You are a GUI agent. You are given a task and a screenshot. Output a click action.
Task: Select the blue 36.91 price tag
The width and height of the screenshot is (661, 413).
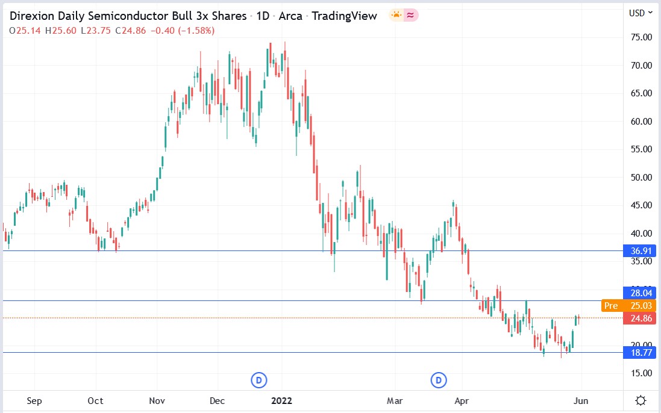pyautogui.click(x=639, y=251)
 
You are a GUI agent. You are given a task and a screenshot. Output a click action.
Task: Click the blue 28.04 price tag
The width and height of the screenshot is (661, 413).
pyautogui.click(x=639, y=293)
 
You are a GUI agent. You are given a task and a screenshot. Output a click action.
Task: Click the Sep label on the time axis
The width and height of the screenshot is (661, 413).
pyautogui.click(x=34, y=400)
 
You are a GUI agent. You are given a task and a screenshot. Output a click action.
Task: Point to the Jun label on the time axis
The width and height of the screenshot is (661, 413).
pyautogui.click(x=580, y=400)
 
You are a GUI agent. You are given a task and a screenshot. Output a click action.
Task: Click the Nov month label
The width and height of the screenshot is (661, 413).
pyautogui.click(x=157, y=400)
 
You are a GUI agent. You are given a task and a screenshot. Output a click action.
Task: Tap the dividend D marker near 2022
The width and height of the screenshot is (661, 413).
pyautogui.click(x=258, y=380)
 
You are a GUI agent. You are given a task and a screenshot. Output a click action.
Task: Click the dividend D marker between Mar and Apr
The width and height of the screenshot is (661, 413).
pyautogui.click(x=439, y=380)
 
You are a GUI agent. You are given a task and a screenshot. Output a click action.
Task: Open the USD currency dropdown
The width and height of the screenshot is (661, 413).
pyautogui.click(x=641, y=13)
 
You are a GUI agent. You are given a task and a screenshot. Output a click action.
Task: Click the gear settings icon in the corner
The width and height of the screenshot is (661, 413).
pyautogui.click(x=641, y=400)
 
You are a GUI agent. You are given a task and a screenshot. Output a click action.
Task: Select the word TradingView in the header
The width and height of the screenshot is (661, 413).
pyautogui.click(x=342, y=16)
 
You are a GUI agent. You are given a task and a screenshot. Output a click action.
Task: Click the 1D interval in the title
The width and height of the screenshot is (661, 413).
pyautogui.click(x=263, y=16)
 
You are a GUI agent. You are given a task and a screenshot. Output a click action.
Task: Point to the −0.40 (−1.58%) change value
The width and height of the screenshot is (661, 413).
pyautogui.click(x=189, y=30)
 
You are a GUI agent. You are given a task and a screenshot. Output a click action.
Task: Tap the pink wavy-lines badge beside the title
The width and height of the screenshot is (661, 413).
pyautogui.click(x=411, y=16)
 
